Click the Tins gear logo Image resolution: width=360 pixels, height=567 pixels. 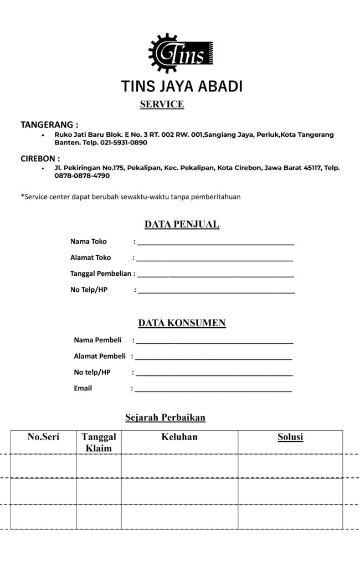(x=181, y=54)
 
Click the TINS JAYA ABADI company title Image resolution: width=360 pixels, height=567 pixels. (x=182, y=87)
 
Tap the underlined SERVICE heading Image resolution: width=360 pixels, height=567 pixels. (x=162, y=104)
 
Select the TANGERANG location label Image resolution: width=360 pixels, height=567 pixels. (x=49, y=124)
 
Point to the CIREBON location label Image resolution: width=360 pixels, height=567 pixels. (x=40, y=158)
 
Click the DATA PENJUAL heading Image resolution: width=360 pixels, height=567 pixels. (x=182, y=224)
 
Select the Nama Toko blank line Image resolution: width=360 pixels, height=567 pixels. (x=215, y=243)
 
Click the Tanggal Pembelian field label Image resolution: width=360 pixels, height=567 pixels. (x=101, y=274)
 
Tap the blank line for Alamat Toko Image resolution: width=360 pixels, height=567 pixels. (x=214, y=259)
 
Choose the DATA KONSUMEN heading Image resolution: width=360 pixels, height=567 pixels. (x=182, y=323)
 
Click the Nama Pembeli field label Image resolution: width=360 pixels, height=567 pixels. (x=97, y=339)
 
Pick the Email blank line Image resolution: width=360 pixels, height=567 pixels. (x=213, y=390)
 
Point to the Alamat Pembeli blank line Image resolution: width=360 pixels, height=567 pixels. (x=213, y=358)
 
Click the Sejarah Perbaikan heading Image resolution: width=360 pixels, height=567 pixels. (x=166, y=417)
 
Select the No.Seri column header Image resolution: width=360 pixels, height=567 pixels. (x=43, y=437)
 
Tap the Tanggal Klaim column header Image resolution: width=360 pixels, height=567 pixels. (x=99, y=442)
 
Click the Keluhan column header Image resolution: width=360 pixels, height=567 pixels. (x=179, y=437)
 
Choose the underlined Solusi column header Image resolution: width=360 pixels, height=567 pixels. (x=290, y=437)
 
